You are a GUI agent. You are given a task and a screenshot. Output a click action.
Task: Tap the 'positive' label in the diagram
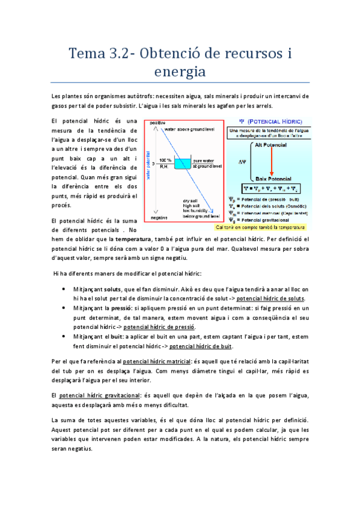pos(158,123)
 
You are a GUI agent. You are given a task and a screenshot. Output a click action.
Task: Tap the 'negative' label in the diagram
pos(159,218)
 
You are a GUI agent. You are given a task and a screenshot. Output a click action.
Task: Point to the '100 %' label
pos(165,160)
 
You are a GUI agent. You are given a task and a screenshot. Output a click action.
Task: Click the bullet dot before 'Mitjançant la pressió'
pos(65,307)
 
